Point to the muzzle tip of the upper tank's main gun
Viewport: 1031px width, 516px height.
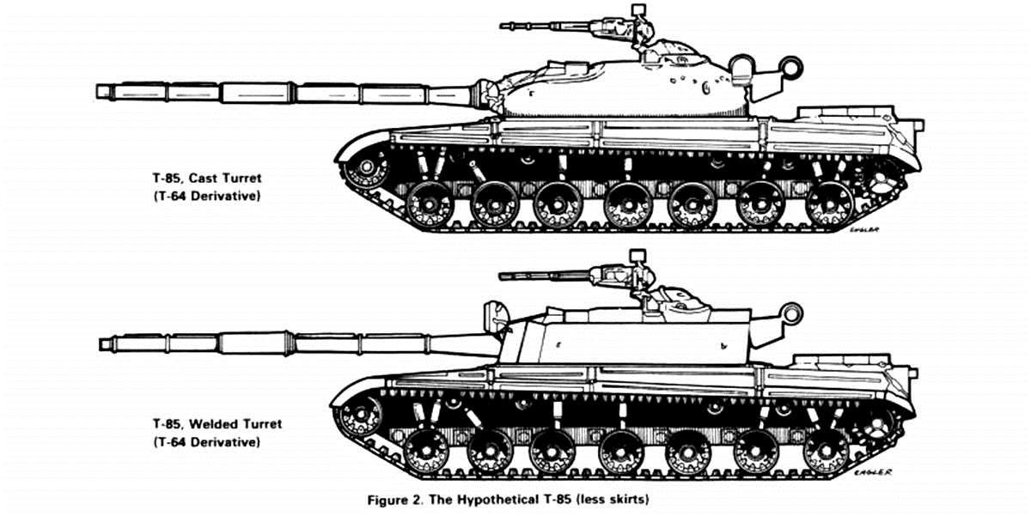[98, 92]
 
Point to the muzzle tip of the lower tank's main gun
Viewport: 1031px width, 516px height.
[101, 344]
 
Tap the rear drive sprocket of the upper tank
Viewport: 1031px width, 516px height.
[878, 177]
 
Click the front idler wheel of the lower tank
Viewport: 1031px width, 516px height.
[360, 414]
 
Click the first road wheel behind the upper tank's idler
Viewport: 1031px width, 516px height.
[430, 204]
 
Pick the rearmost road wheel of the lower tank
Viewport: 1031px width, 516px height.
[826, 452]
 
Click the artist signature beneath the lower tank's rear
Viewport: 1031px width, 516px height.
[873, 472]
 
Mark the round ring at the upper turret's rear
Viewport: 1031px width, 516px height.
[791, 68]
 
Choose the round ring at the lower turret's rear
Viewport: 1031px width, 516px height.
[791, 313]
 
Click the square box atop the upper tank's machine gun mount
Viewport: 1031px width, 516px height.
[638, 10]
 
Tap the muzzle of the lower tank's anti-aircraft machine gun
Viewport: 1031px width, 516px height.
[502, 276]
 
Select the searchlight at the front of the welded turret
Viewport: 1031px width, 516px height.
[495, 317]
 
